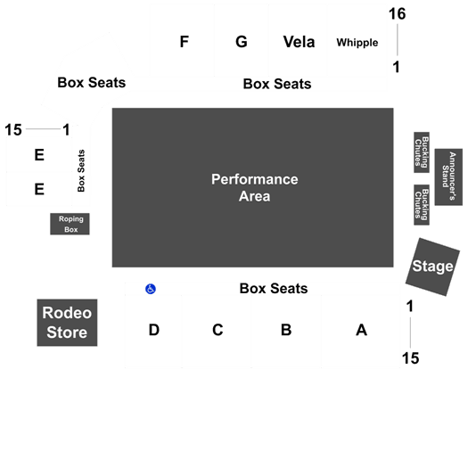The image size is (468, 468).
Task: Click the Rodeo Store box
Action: [67, 323]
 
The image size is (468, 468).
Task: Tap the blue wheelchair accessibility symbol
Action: [151, 289]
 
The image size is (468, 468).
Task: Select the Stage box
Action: [432, 267]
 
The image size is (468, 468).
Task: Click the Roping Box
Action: [70, 224]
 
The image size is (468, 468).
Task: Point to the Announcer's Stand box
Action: [448, 177]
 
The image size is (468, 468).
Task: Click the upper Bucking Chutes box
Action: [422, 152]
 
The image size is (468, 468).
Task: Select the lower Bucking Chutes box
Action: [422, 205]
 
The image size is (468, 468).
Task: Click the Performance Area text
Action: [255, 188]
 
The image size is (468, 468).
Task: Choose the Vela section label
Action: [299, 42]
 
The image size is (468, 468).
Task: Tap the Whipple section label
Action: [357, 43]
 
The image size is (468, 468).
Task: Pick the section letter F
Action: [185, 42]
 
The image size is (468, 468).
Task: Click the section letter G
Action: [242, 42]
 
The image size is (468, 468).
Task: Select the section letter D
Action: [154, 330]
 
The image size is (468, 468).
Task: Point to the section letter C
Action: [218, 330]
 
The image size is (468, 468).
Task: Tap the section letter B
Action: [286, 330]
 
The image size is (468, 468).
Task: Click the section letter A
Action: [361, 330]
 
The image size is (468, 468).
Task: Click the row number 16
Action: [397, 14]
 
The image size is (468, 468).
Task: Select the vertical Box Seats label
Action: [81, 171]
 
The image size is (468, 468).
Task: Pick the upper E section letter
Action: [39, 155]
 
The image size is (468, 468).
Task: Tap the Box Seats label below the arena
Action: [274, 288]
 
